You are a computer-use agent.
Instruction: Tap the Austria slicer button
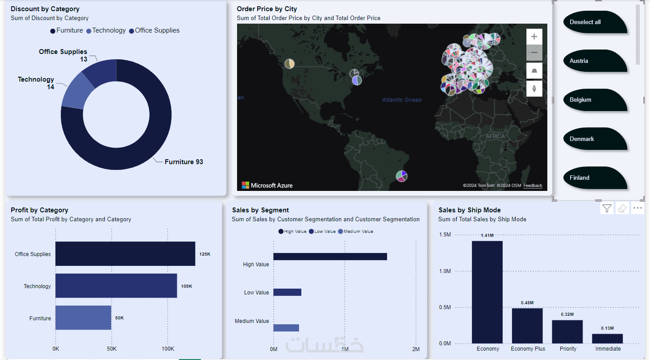pyautogui.click(x=594, y=61)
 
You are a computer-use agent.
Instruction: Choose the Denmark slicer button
pyautogui.click(x=594, y=139)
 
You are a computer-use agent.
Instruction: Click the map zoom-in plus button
pyautogui.click(x=534, y=37)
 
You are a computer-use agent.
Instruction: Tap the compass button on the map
pyautogui.click(x=534, y=88)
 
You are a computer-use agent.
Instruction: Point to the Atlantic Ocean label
pyautogui.click(x=401, y=100)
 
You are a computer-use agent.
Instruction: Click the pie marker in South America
pyautogui.click(x=402, y=176)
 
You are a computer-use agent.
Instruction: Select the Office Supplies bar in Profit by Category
pyautogui.click(x=125, y=254)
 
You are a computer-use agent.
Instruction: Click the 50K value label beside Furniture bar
pyautogui.click(x=119, y=318)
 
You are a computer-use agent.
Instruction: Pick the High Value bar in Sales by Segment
pyautogui.click(x=330, y=257)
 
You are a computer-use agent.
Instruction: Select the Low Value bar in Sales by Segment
pyautogui.click(x=287, y=292)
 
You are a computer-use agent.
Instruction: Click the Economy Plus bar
pyautogui.click(x=527, y=326)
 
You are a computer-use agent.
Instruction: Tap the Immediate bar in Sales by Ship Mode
pyautogui.click(x=607, y=339)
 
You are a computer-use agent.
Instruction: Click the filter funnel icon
pyautogui.click(x=607, y=208)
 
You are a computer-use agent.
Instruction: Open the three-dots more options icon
pyautogui.click(x=637, y=208)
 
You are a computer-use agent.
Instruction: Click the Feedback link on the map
pyautogui.click(x=533, y=186)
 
